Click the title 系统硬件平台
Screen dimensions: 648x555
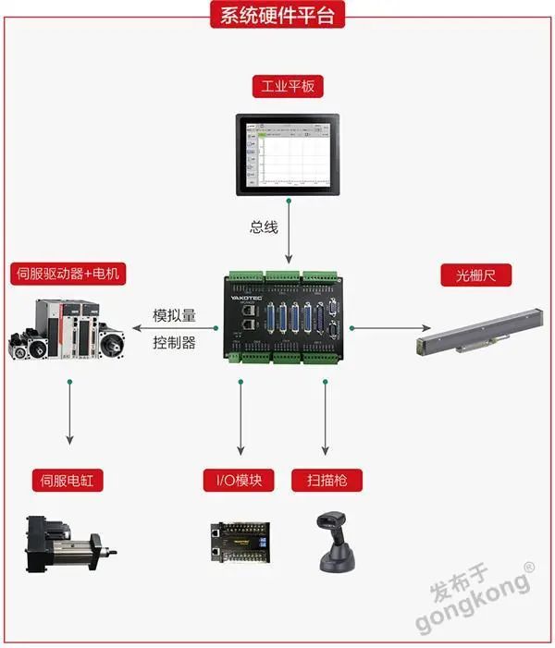(x=277, y=15)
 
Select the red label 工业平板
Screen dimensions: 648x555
(x=289, y=89)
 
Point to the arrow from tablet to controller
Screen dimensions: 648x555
(x=290, y=231)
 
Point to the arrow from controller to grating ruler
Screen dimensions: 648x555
(x=388, y=327)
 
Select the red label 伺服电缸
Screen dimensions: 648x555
(x=68, y=480)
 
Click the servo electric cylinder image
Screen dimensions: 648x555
(x=69, y=545)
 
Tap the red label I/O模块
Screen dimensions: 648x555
(x=239, y=480)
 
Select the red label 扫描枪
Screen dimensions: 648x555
(x=326, y=480)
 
